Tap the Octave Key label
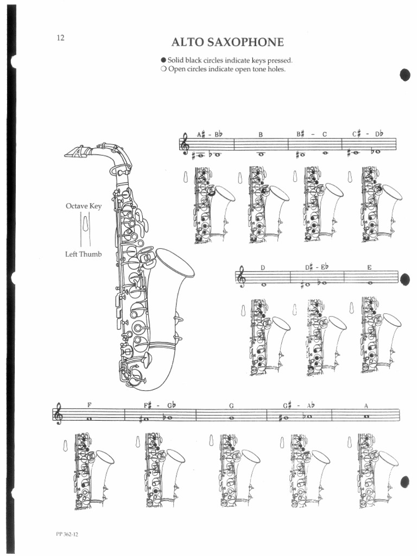point(84,206)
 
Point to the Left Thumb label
point(84,254)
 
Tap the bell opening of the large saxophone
point(175,263)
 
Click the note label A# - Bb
point(209,134)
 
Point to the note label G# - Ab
point(299,405)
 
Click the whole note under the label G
point(232,418)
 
